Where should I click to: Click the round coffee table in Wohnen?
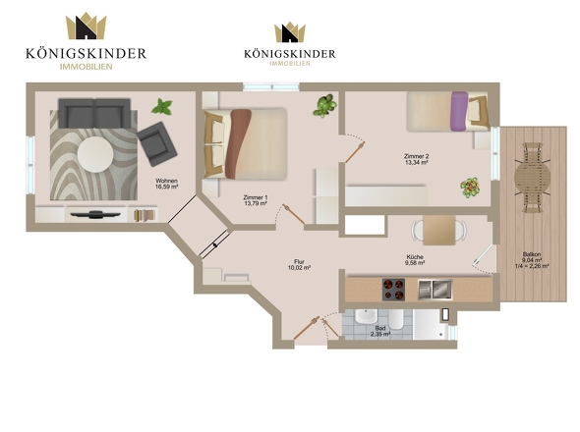point(95,154)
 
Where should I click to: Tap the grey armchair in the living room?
point(157,143)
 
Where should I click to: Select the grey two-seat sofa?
point(94,113)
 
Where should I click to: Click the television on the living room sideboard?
point(95,214)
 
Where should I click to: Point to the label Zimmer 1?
point(256,197)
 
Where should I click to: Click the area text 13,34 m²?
point(417,162)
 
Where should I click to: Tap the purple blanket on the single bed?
point(459,111)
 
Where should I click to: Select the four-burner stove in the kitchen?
point(393,290)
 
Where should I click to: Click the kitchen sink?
point(435,290)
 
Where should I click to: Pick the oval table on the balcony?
point(532,179)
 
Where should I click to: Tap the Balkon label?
point(532,254)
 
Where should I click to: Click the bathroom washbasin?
point(366,316)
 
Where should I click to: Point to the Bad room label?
point(380,328)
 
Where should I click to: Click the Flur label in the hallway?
point(299,262)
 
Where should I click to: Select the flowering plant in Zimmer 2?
point(470,188)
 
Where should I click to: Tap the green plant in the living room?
point(162,106)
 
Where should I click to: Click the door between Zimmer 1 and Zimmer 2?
point(355,151)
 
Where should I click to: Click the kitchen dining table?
point(439,230)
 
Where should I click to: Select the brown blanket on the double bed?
point(238,143)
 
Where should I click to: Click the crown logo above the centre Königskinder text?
point(290,32)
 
